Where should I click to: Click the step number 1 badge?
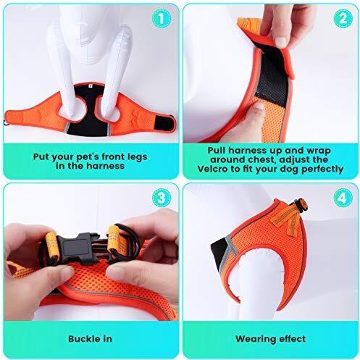(x=162, y=19)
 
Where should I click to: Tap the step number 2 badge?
(x=343, y=18)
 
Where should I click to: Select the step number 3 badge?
(x=162, y=198)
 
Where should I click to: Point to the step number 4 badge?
(x=343, y=198)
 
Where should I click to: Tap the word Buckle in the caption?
(x=82, y=339)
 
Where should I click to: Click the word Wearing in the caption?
(x=255, y=339)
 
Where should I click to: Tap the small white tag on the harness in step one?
(x=90, y=85)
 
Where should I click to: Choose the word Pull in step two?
(x=217, y=151)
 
